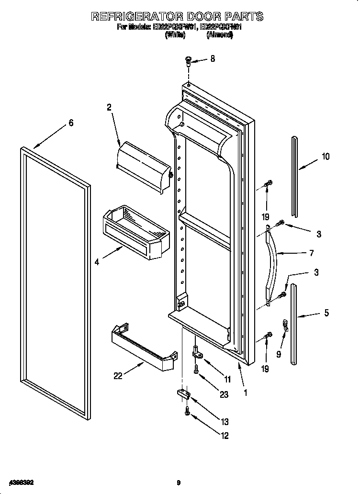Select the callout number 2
click(109, 108)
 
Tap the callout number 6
click(71, 123)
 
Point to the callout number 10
click(326, 156)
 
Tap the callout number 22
click(118, 376)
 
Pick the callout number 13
click(225, 422)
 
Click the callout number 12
click(224, 436)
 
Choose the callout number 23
click(224, 394)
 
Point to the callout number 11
click(227, 379)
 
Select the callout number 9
click(278, 355)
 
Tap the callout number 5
click(326, 314)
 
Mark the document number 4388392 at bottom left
click(18, 483)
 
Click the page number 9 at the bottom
click(179, 483)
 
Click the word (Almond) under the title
click(220, 35)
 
